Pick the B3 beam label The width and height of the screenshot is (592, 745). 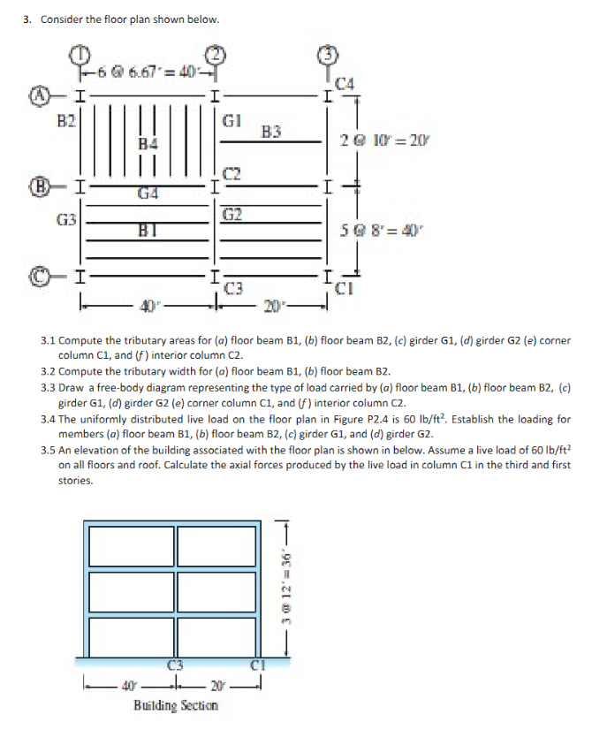[270, 133]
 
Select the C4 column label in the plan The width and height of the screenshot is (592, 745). [345, 85]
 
